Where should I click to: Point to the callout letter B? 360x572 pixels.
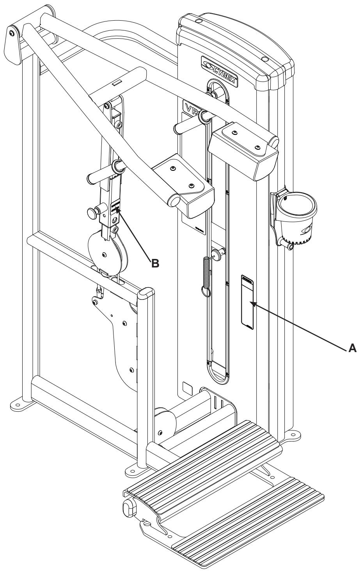pos(154,263)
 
